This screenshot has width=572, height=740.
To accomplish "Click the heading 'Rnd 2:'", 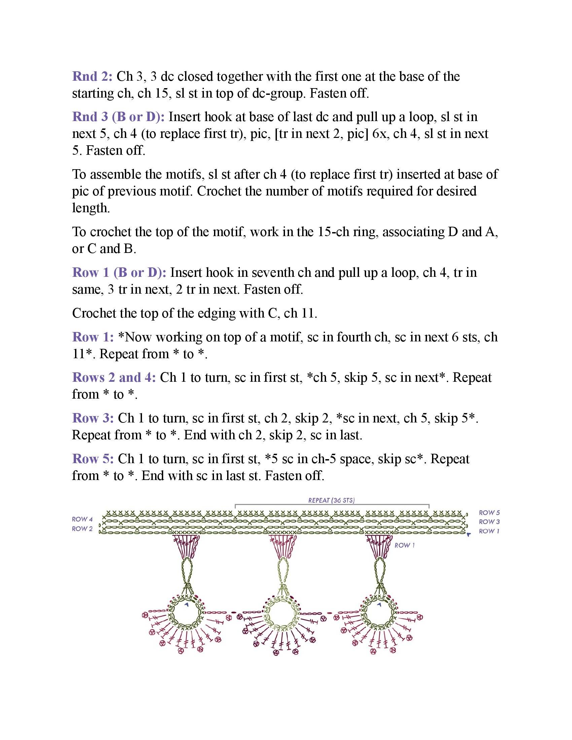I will point(92,77).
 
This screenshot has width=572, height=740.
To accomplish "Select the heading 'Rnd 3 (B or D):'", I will point(118,117).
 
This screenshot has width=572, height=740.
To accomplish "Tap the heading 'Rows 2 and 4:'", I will point(114,377).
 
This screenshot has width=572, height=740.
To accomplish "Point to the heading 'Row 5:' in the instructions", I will point(93,459).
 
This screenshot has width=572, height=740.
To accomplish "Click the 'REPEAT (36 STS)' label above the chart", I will point(331,501).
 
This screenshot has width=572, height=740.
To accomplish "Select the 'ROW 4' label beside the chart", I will point(82,519).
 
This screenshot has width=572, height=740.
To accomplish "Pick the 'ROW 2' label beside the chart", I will point(82,528).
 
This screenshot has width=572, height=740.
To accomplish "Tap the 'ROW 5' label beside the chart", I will point(489,513).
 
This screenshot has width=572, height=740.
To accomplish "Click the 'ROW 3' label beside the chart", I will point(489,522).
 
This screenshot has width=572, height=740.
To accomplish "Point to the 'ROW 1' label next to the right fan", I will point(404,545).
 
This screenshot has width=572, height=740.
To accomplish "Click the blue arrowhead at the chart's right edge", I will point(469,535).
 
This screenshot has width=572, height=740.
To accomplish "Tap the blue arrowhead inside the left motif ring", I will point(186,604).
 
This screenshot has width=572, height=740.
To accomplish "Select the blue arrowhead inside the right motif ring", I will point(379,604).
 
